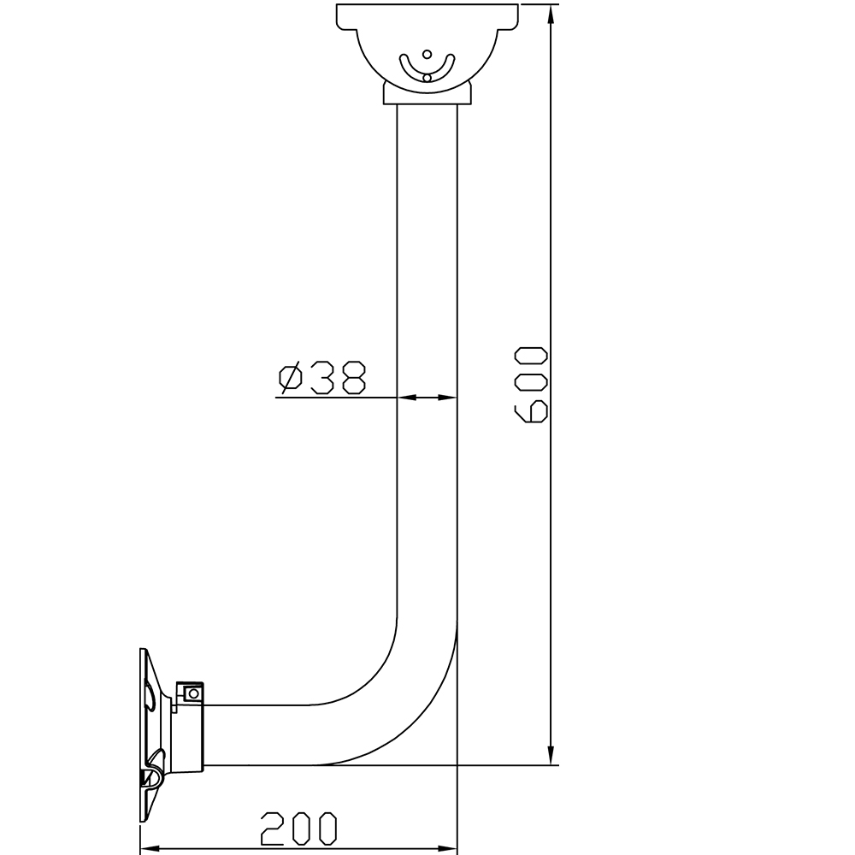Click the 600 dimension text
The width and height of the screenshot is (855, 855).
(531, 385)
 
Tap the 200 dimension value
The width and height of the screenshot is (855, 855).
(299, 828)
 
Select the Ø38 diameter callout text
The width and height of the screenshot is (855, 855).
(322, 378)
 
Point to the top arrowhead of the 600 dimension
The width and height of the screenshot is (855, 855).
(551, 14)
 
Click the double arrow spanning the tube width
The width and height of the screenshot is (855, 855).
(427, 398)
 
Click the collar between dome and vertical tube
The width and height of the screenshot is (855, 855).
(427, 92)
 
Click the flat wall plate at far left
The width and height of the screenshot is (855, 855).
(142, 735)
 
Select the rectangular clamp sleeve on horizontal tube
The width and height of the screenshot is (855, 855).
(190, 731)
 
